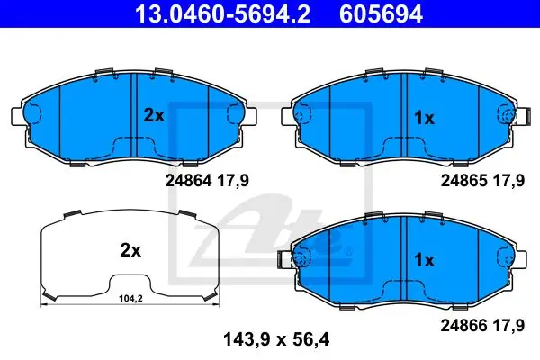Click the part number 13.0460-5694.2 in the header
[x=223, y=13]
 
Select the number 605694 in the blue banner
[x=381, y=13]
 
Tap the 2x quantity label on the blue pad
[x=154, y=116]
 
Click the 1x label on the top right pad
[x=424, y=118]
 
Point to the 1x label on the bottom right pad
[x=424, y=260]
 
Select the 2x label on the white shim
[x=130, y=250]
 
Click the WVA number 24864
[x=188, y=181]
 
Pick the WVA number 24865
[x=463, y=181]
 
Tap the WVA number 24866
[x=463, y=325]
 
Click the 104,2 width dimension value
[x=130, y=299]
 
